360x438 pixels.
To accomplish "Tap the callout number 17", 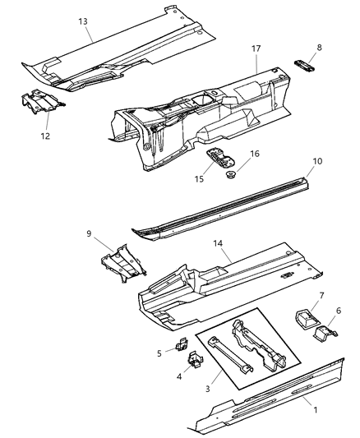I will coord(256,49).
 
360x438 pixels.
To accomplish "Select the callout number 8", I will coord(318,48).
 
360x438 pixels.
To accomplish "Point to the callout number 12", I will coord(45,136).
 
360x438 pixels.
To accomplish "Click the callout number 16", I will coord(255,153).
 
